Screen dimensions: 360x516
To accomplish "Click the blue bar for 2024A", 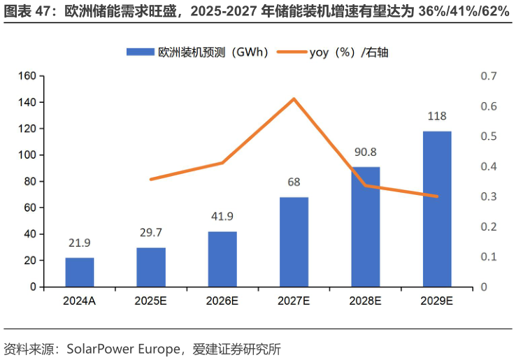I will [80, 272].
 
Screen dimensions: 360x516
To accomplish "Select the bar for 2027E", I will [294, 242].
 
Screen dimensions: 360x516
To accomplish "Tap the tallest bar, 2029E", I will [437, 209].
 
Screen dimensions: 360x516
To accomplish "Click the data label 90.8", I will [365, 152].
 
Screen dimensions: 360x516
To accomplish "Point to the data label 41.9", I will [222, 216].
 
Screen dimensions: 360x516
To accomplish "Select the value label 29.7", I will [151, 232].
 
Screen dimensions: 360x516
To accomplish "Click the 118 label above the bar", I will [437, 116].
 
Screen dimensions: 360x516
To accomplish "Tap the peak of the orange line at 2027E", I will [294, 99].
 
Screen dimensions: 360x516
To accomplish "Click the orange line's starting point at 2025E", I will [151, 180].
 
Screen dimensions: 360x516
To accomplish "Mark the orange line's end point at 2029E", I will [437, 196].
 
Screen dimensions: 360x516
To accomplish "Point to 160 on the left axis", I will [27, 75].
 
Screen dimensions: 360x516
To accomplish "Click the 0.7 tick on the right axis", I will [488, 75].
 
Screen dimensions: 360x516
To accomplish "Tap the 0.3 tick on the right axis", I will [488, 196].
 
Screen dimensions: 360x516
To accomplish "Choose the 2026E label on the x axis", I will [222, 301].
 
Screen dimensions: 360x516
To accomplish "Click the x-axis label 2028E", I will [365, 301].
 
